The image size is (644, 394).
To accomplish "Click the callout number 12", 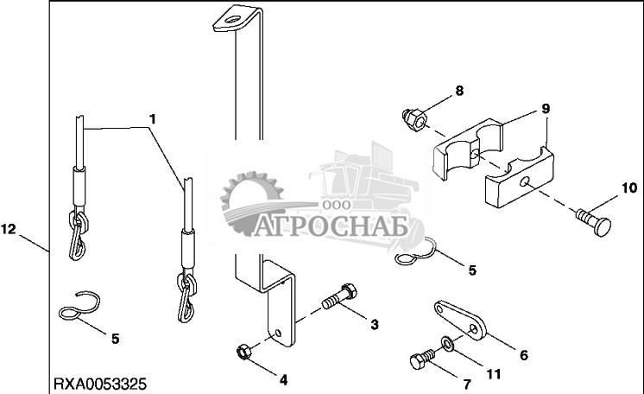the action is pyautogui.click(x=9, y=229).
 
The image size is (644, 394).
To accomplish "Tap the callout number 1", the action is pyautogui.click(x=153, y=119).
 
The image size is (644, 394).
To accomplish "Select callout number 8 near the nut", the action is pyautogui.click(x=459, y=91).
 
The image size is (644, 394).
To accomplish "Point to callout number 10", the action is pyautogui.click(x=628, y=188).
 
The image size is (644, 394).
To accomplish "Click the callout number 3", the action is pyautogui.click(x=374, y=325).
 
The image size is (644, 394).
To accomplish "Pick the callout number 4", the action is pyautogui.click(x=283, y=380).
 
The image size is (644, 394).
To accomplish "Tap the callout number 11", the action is pyautogui.click(x=494, y=374).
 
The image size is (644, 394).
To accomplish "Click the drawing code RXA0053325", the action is pyautogui.click(x=100, y=384).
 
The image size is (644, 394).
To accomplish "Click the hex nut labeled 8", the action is pyautogui.click(x=414, y=119).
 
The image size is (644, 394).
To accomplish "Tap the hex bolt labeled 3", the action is pyautogui.click(x=339, y=296).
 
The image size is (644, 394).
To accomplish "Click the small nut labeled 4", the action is pyautogui.click(x=243, y=353).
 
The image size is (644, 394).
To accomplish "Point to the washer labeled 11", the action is pyautogui.click(x=447, y=343).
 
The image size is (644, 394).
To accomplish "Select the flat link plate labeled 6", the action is pyautogui.click(x=460, y=321).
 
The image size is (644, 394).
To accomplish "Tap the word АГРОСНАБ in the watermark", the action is pyautogui.click(x=331, y=226).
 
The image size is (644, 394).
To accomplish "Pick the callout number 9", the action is pyautogui.click(x=546, y=109).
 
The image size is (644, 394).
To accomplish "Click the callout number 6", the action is pyautogui.click(x=524, y=355).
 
